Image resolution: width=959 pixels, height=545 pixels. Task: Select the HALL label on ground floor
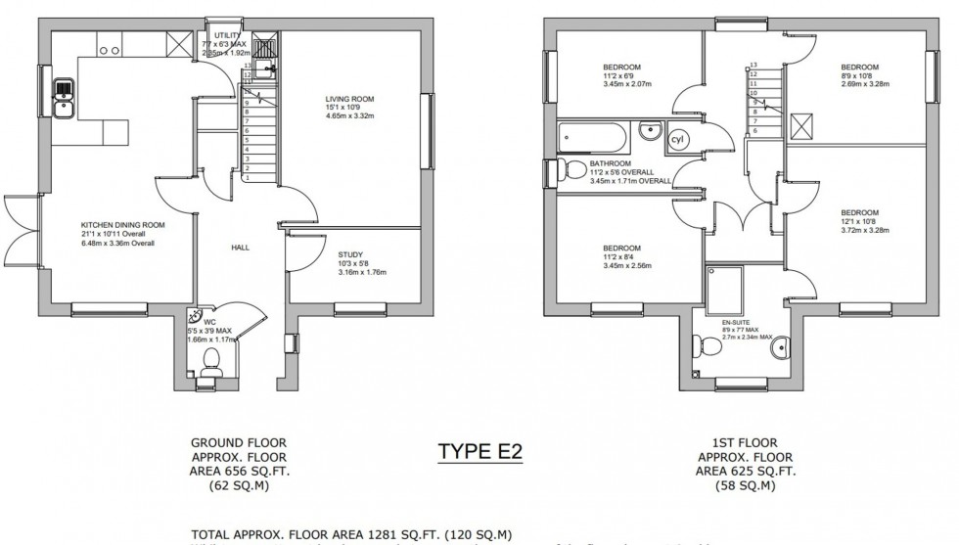pyautogui.click(x=240, y=248)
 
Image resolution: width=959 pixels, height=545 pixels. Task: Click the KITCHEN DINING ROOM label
pyautogui.click(x=122, y=225)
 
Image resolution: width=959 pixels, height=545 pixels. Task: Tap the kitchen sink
pyautogui.click(x=64, y=98)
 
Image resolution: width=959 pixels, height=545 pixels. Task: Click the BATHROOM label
pyautogui.click(x=610, y=164)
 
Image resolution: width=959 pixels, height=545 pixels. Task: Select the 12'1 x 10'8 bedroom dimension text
pyautogui.click(x=858, y=222)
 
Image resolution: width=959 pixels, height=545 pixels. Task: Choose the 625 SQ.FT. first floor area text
pyautogui.click(x=746, y=470)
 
